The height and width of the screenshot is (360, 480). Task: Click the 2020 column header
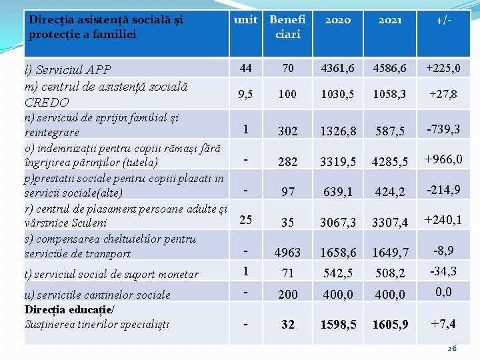click(337, 20)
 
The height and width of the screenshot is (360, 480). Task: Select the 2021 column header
click(390, 20)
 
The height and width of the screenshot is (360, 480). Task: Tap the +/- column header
click(443, 20)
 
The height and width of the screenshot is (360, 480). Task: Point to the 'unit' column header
click(245, 20)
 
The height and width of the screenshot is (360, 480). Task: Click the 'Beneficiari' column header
click(287, 27)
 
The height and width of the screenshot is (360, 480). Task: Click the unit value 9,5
click(245, 94)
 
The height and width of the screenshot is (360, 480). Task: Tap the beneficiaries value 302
click(287, 131)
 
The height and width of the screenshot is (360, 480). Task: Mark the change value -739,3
click(443, 129)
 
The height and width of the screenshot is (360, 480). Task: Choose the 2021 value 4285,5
click(390, 161)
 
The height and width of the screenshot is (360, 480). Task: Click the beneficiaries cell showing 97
click(287, 192)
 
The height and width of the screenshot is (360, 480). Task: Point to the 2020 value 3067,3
click(337, 223)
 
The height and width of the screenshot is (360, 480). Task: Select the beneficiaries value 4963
click(287, 253)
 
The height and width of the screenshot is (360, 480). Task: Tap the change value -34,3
click(443, 271)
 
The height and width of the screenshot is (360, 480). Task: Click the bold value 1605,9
click(390, 325)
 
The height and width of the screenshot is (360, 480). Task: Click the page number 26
click(451, 349)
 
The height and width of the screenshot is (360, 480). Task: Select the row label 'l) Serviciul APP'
click(67, 69)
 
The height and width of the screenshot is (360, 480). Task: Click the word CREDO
click(46, 102)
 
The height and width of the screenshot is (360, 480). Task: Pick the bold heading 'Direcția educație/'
click(69, 309)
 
